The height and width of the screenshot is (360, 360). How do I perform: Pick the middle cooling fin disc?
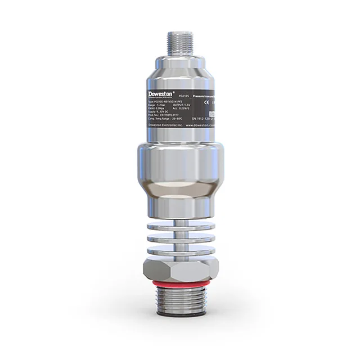coord(180,238)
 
